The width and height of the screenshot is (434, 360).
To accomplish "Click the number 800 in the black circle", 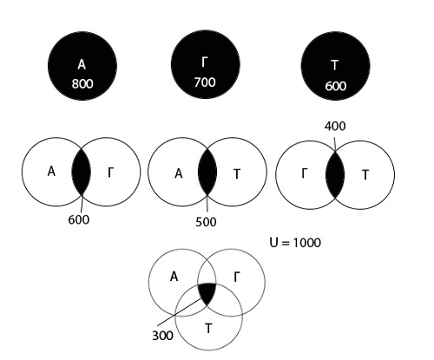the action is coord(82,84).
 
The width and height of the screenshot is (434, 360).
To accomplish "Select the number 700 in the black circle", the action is coord(205,82).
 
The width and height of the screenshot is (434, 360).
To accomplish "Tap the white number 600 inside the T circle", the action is coord(335,86).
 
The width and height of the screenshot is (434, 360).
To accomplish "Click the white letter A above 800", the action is coord(82,64).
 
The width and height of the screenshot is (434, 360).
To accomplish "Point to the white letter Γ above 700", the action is coord(205,62).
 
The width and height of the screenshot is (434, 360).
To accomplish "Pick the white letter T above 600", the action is coord(335,65).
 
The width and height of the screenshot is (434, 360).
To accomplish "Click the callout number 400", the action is coord(335,127).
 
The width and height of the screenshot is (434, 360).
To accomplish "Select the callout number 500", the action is coord(206,222).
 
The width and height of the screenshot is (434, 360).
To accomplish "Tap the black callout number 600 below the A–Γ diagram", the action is coord(79,219).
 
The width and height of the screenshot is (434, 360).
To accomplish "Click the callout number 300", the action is coord(162,336).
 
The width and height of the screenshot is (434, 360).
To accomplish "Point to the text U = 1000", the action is coord(295,242).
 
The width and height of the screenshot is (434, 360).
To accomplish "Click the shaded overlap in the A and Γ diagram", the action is coord(82,172).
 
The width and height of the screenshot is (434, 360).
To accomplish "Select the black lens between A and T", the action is coord(207,173).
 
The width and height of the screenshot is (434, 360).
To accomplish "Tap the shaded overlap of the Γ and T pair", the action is coord(335,174).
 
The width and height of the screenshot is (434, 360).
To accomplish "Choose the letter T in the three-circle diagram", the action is coord(208,329).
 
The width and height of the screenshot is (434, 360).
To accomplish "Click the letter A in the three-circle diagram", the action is coord(174,277).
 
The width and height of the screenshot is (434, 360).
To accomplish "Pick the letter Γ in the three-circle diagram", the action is coord(237,278).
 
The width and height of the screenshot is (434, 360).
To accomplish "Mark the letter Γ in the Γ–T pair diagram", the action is coord(304,173).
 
